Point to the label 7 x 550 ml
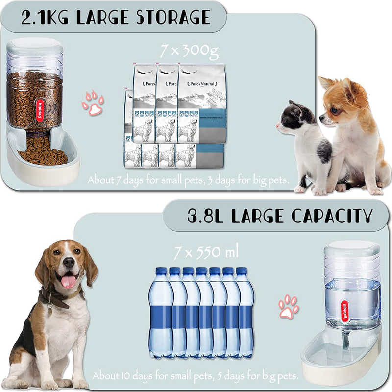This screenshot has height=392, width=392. [x=206, y=253]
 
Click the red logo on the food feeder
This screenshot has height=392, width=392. [x=40, y=110]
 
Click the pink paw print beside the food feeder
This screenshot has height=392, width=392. [x=93, y=102]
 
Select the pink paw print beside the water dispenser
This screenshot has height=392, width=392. [x=289, y=307]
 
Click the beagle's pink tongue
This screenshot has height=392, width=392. [x=69, y=281]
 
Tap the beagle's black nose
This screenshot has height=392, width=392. [x=69, y=263]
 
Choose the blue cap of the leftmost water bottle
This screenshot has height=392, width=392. [x=161, y=271]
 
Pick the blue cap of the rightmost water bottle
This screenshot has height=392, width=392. [x=241, y=271]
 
